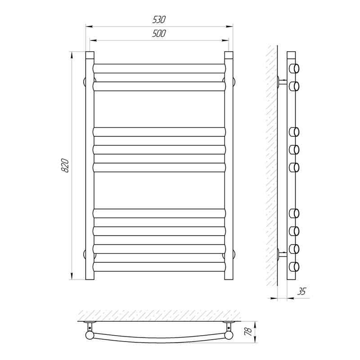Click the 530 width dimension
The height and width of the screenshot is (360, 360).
[159, 20]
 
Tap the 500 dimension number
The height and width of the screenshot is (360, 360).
[159, 33]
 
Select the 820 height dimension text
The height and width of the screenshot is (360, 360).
[65, 165]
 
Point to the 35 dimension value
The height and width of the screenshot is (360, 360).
[301, 291]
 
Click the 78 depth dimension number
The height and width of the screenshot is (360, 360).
[249, 332]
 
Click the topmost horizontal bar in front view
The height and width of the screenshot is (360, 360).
[159, 68]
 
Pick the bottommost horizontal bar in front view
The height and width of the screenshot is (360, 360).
[159, 267]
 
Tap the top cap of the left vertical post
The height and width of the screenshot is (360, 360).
[90, 55]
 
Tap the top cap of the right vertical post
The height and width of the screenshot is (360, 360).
[229, 55]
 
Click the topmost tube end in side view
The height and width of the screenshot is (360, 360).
[294, 68]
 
